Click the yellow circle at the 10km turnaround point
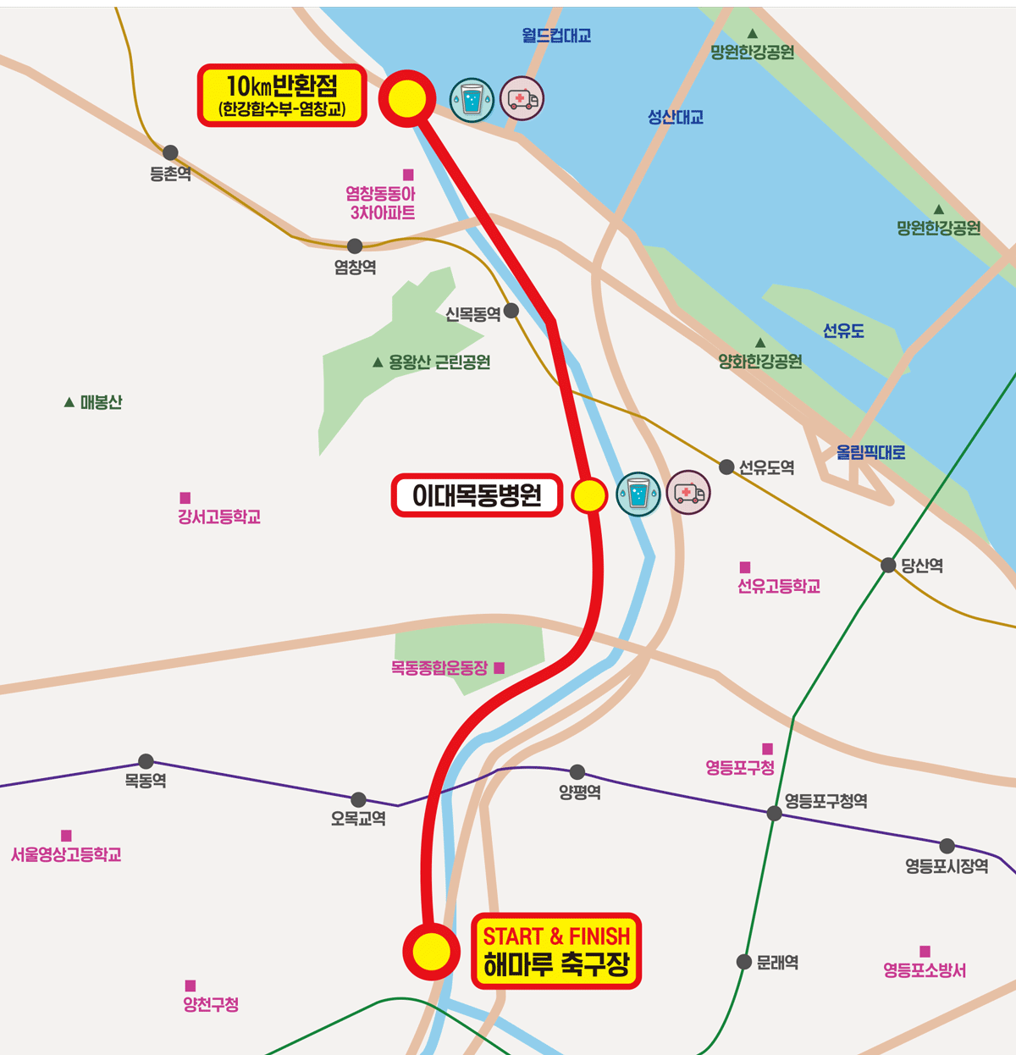point(407,99)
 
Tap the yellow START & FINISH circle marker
point(432,952)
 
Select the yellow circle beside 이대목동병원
point(589,495)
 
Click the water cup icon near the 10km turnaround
point(472,100)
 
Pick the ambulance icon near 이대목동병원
point(688,493)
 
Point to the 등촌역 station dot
point(170,152)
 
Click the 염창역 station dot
point(355,246)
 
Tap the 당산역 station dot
point(888,565)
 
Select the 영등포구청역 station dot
point(774,814)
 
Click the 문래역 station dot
point(744,961)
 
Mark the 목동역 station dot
point(146,761)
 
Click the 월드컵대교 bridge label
point(556,36)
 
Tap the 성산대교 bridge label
point(676,118)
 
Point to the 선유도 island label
point(843,331)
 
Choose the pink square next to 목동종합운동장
point(500,668)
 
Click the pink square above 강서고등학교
point(185,498)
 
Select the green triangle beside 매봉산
point(69,402)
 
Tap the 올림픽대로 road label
point(870,452)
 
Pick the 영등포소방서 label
point(925,970)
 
